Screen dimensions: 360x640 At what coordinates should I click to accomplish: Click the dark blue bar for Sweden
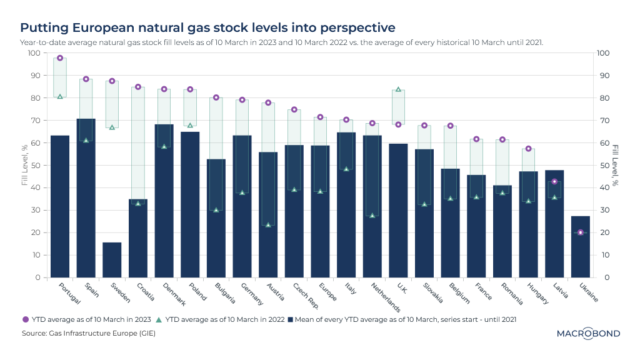click(x=112, y=260)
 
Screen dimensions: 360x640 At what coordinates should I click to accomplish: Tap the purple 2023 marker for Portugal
click(x=60, y=58)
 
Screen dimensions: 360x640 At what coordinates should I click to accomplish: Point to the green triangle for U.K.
click(x=398, y=89)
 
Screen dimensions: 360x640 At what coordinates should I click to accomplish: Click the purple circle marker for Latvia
click(x=554, y=181)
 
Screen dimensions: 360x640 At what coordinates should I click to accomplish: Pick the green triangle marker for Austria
click(x=268, y=225)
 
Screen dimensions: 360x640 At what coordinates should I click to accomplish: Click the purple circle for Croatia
click(x=138, y=87)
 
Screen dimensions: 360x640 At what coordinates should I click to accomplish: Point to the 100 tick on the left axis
click(x=34, y=53)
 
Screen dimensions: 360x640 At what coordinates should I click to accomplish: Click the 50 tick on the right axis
click(x=604, y=166)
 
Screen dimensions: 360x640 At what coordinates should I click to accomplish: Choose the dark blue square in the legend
click(x=291, y=319)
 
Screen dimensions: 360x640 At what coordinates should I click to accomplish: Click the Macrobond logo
click(x=588, y=334)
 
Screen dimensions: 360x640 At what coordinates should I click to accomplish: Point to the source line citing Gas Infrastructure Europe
click(x=88, y=333)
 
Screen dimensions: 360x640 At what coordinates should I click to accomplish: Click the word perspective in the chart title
click(x=357, y=28)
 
